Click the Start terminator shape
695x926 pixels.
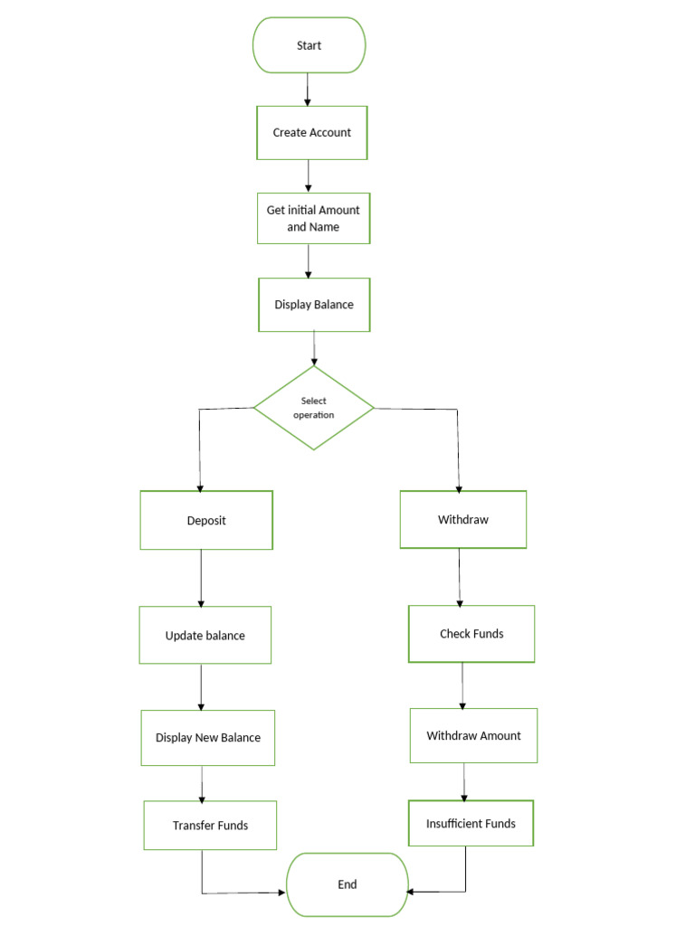click(309, 45)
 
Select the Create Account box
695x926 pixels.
click(312, 132)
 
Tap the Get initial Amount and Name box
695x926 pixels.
click(313, 218)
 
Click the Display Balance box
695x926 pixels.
click(313, 305)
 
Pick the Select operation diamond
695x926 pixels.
click(313, 408)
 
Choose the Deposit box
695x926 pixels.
click(206, 520)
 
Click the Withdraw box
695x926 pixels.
click(462, 520)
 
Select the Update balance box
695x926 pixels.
click(205, 635)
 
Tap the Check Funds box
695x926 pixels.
click(471, 634)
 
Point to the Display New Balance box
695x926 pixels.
click(207, 737)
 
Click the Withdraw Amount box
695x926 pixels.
click(473, 735)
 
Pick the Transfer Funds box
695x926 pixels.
click(210, 825)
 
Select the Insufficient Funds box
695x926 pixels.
click(471, 823)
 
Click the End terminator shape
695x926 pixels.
click(347, 884)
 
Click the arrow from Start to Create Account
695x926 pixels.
click(309, 89)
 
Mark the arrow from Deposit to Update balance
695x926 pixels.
click(201, 578)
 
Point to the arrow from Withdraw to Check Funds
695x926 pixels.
click(460, 577)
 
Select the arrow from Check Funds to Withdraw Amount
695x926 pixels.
click(463, 685)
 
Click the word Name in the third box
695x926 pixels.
click(325, 227)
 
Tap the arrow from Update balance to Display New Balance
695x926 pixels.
click(201, 686)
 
